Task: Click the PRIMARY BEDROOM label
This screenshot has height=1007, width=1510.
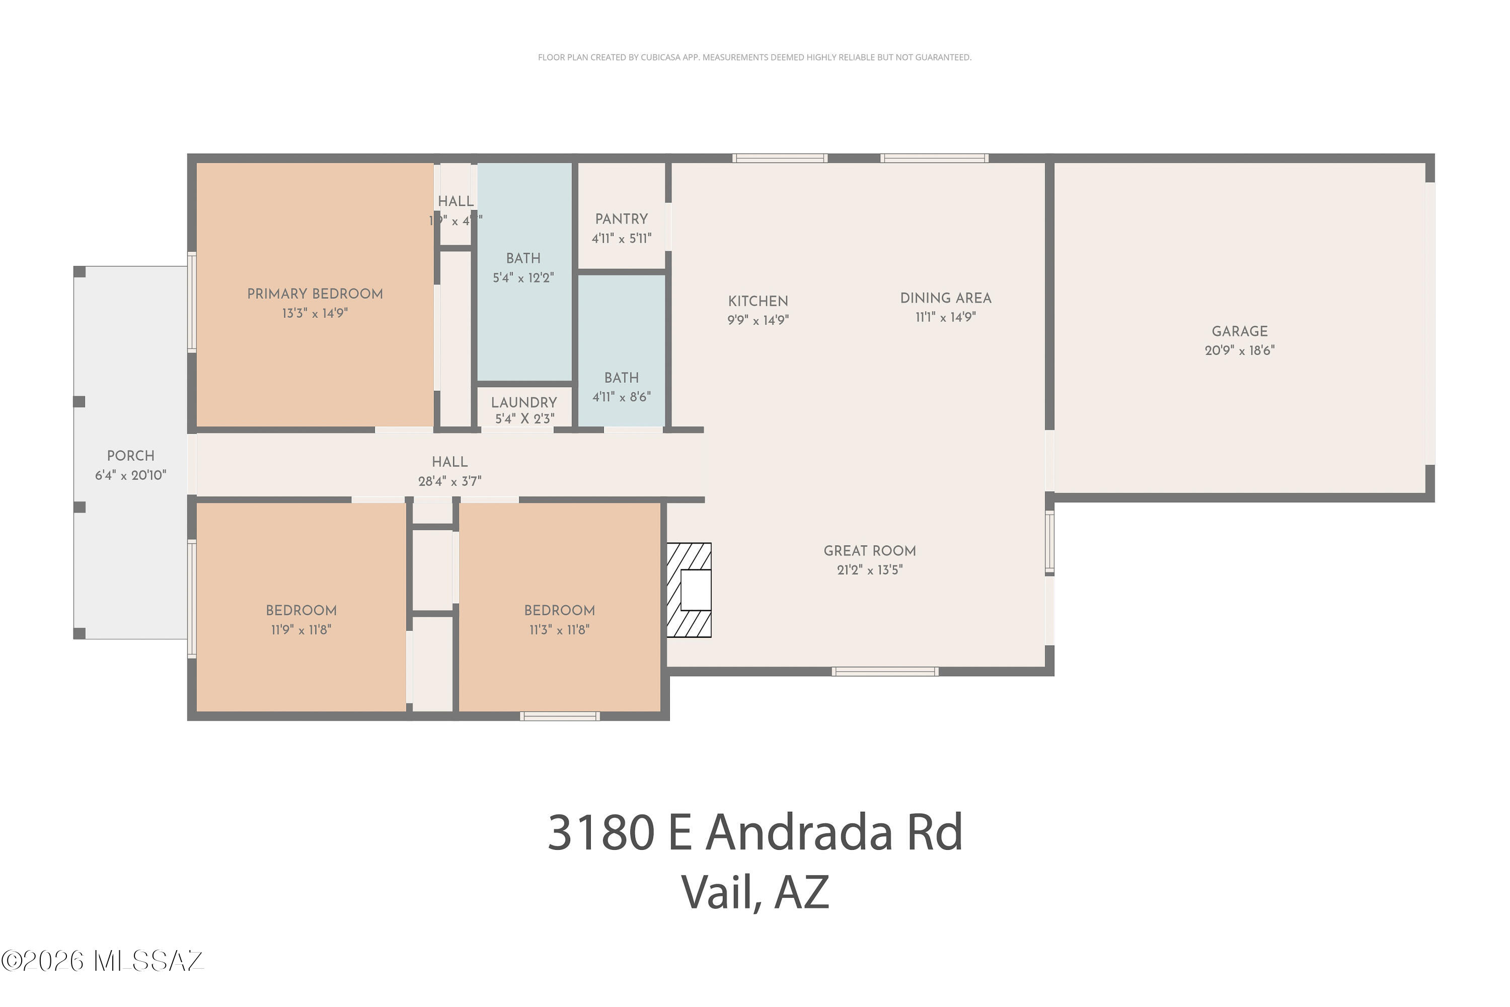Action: [315, 294]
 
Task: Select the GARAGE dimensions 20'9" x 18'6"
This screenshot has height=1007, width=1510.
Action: [1239, 350]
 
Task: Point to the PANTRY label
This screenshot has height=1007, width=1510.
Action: [621, 220]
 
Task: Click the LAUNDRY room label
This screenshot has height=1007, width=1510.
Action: [523, 403]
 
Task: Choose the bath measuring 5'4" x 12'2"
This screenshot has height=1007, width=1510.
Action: [523, 268]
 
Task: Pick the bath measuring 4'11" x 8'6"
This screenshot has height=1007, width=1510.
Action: [621, 387]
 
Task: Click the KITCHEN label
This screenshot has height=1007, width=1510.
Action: [758, 301]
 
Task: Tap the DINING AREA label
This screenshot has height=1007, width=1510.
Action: [945, 299]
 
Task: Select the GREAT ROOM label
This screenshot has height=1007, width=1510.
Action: [869, 551]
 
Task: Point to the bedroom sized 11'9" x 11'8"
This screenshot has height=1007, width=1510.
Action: [301, 620]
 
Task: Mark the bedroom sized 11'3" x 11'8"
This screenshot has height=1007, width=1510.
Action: [559, 620]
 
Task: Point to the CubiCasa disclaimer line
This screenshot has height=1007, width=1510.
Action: [754, 58]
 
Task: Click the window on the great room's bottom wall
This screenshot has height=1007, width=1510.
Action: [885, 672]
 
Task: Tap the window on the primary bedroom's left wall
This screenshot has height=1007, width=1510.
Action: [191, 302]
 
